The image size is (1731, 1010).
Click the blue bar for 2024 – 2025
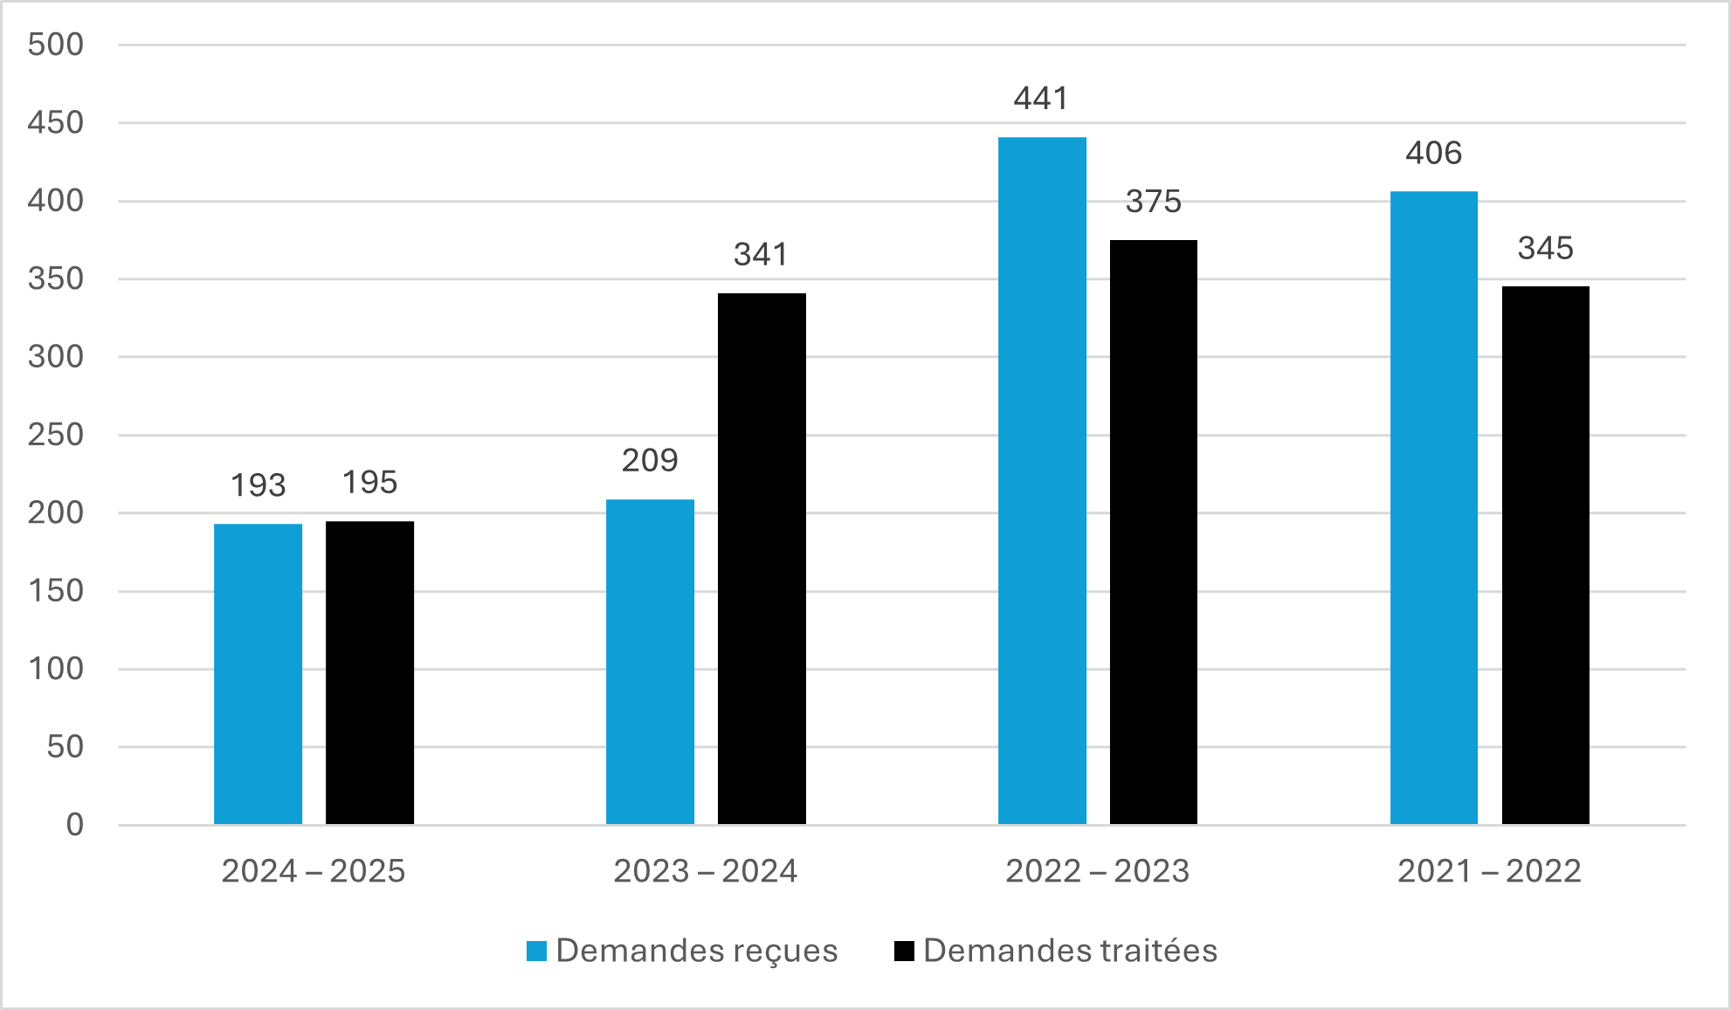[258, 674]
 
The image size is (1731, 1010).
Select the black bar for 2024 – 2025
[369, 672]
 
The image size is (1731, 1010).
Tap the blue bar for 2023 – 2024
[650, 662]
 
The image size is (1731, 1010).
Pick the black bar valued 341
[762, 559]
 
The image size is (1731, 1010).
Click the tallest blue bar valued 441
[1042, 480]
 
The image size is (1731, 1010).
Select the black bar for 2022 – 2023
[1153, 532]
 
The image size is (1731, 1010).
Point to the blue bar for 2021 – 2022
[1433, 506]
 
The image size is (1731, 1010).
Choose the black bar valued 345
[1545, 555]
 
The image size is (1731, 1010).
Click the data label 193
[258, 485]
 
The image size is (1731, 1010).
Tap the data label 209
[650, 461]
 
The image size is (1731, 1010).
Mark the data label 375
[1153, 202]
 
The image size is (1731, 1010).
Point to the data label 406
[1433, 154]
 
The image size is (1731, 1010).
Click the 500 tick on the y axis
[56, 45]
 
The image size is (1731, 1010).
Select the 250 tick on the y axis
[56, 435]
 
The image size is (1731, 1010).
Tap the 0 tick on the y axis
[75, 824]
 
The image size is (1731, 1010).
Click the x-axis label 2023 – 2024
[705, 871]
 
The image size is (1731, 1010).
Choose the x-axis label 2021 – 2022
[1489, 871]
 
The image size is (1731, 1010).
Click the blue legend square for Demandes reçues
[536, 951]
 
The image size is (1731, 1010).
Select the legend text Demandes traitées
[1070, 951]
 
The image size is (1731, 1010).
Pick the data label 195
[369, 483]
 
